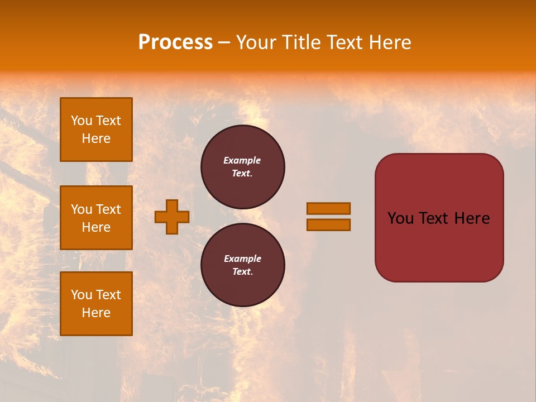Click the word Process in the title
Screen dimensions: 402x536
click(x=175, y=42)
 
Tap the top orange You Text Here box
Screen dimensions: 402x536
click(x=96, y=130)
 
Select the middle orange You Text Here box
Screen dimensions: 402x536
click(x=96, y=218)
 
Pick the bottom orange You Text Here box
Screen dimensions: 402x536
click(x=96, y=303)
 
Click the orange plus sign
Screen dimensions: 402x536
click(x=172, y=217)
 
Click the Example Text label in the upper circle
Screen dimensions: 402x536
click(x=242, y=166)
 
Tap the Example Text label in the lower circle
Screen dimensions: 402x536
click(x=242, y=265)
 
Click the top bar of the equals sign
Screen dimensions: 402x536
click(x=328, y=208)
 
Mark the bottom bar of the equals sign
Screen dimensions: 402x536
click(x=328, y=224)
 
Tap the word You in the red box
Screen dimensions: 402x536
click(x=400, y=218)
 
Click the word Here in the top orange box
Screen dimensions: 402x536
click(x=96, y=138)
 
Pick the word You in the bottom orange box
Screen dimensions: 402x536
click(x=82, y=294)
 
